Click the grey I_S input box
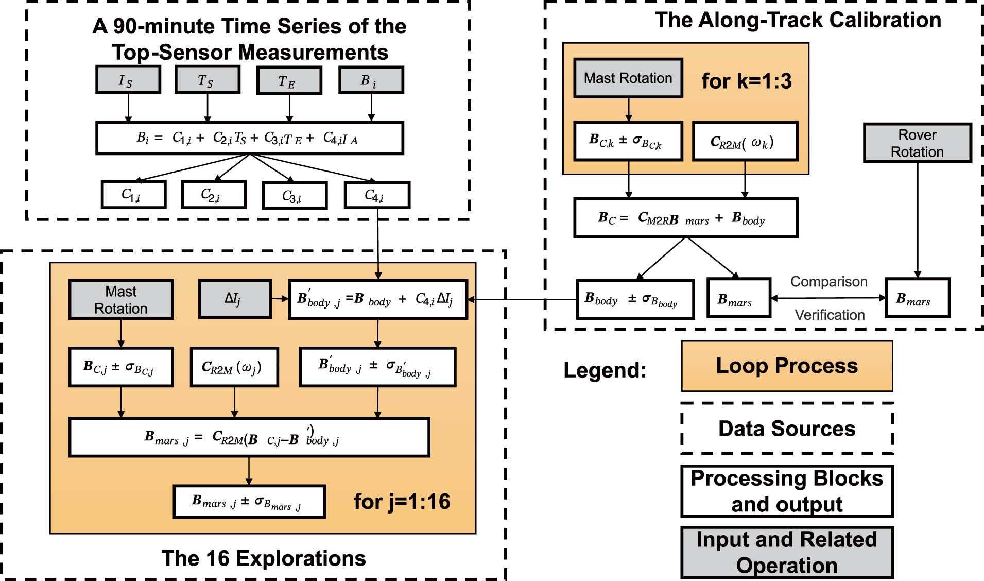coord(128,80)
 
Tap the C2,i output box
coord(213,195)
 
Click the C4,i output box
coord(377,195)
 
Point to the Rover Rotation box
coord(917,143)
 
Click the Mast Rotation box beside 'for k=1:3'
coord(628,78)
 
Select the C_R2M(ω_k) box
coord(745,142)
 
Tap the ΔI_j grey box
coord(234,299)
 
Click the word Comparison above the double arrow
coord(828,282)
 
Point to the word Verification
coord(830,315)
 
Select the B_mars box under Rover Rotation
coord(917,298)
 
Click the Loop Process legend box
coord(786,366)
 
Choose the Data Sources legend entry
coord(786,429)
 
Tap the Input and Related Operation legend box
coord(786,552)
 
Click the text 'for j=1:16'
coord(402,501)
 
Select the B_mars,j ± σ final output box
coord(249,501)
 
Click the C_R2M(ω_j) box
coord(234,367)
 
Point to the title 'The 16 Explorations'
coord(263,558)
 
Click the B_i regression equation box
coord(249,138)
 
